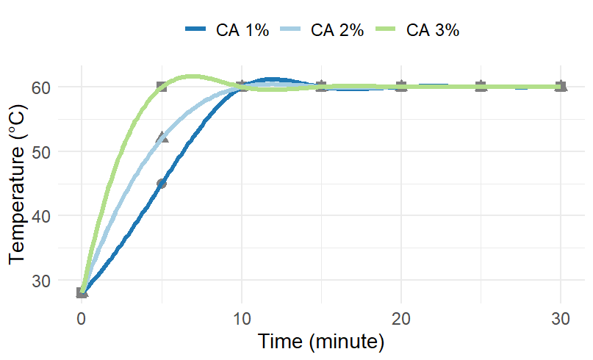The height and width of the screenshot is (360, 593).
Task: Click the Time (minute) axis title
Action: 321,342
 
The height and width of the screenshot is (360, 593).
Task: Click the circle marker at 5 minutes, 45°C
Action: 162,183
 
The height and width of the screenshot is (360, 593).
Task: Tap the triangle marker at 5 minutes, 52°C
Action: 162,137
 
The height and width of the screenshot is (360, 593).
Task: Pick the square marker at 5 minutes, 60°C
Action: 162,87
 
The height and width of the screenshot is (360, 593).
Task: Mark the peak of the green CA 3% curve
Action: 192,76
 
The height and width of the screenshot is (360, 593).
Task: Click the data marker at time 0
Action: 82,292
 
